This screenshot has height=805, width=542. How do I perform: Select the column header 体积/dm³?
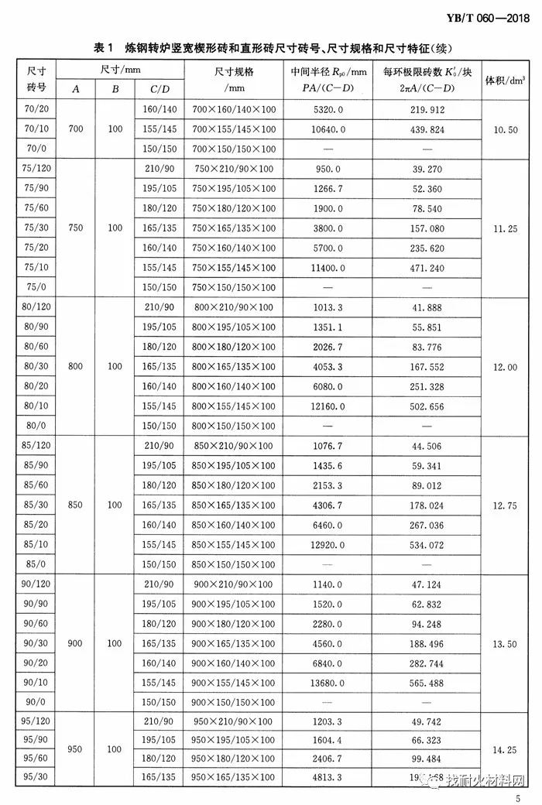pyautogui.click(x=506, y=80)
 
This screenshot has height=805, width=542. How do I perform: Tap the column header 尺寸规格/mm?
pyautogui.click(x=234, y=80)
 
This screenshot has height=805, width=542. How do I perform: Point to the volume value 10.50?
pyautogui.click(x=505, y=130)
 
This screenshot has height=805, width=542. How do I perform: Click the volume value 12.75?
pyautogui.click(x=505, y=505)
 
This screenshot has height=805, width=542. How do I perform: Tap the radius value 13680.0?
pyautogui.click(x=324, y=682)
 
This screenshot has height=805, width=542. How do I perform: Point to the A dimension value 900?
pyautogui.click(x=75, y=642)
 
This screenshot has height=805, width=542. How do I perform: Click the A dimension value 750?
pyautogui.click(x=75, y=228)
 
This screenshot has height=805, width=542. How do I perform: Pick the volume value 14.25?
pyautogui.click(x=505, y=749)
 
